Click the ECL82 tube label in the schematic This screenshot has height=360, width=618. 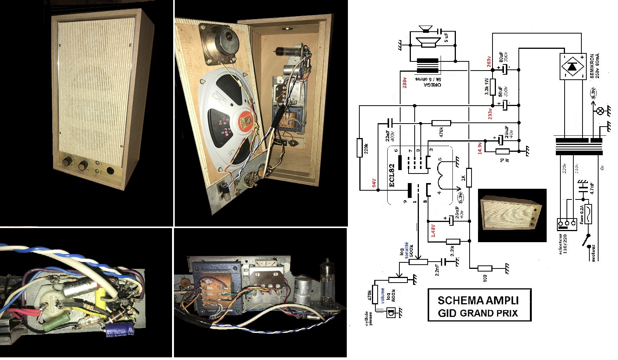point(392,175)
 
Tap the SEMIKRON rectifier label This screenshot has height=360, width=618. point(592,66)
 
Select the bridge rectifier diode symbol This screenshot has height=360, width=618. point(572,67)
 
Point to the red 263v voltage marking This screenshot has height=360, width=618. point(489,62)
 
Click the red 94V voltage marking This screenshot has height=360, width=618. point(374,183)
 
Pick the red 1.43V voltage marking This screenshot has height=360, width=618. point(433,230)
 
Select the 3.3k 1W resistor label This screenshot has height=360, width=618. point(486,87)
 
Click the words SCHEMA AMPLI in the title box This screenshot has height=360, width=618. point(478,301)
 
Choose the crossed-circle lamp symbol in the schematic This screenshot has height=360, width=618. point(600,111)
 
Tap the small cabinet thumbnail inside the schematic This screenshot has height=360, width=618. point(512,215)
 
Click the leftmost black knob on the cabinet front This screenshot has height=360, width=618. point(67,161)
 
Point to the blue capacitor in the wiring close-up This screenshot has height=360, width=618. point(120,329)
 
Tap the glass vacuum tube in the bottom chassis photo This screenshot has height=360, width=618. point(326,283)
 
